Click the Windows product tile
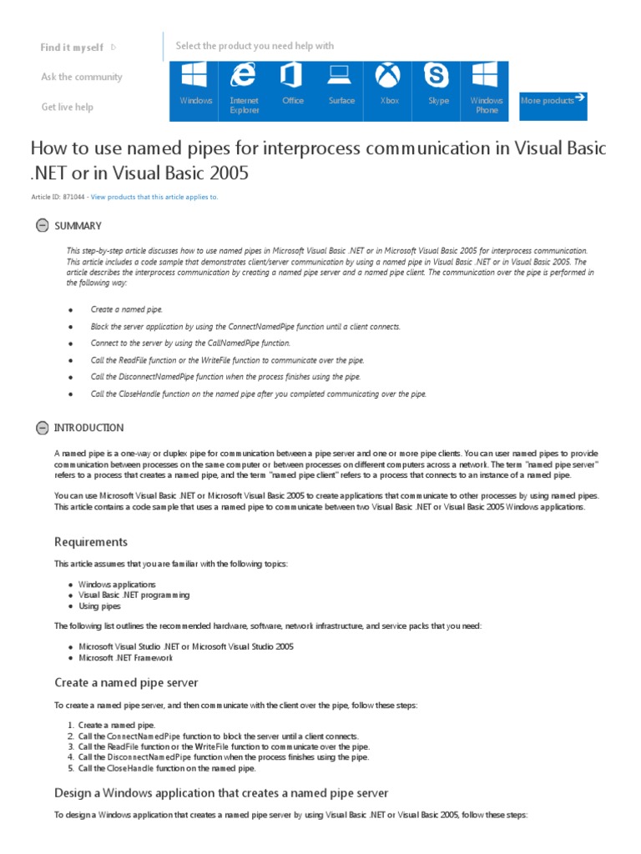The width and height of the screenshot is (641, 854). tap(195, 88)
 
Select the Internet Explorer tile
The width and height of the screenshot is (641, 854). tap(244, 88)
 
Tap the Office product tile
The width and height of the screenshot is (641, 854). tap(292, 88)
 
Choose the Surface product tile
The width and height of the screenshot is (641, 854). tap(341, 88)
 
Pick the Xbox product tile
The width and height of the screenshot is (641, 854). tap(389, 88)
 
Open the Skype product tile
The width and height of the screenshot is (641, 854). tap(438, 88)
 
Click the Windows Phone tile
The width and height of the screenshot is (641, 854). tap(487, 88)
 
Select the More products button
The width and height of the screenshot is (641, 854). tap(553, 100)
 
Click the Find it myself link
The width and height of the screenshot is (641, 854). tap(73, 48)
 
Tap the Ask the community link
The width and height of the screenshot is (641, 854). tap(81, 77)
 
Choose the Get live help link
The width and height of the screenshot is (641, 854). tap(67, 107)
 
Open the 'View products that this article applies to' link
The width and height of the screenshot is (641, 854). tap(154, 197)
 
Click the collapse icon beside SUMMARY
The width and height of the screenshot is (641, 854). tap(42, 225)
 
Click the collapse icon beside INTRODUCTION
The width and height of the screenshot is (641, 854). tap(42, 428)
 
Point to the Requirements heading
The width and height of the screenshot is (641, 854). tap(91, 542)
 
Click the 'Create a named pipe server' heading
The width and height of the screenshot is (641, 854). tap(126, 682)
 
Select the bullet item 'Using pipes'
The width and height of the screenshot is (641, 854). tap(99, 606)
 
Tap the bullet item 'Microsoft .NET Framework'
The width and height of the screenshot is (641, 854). tap(126, 658)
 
